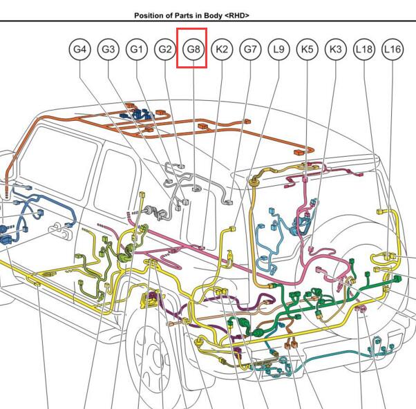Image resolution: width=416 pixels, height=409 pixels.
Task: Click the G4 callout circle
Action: [x=79, y=49]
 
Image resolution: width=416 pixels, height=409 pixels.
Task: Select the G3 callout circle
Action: [x=108, y=49]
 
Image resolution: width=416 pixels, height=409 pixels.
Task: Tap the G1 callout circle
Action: [x=137, y=49]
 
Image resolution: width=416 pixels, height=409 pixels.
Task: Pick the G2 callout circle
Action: [x=165, y=49]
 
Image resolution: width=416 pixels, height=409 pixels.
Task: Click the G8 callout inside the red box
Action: [x=193, y=49]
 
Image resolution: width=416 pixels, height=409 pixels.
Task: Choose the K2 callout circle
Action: [x=222, y=49]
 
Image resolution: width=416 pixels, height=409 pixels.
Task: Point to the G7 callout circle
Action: [x=250, y=49]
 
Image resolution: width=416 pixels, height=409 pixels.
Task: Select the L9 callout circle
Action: [x=278, y=49]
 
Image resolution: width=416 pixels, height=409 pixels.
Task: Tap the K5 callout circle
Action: [x=307, y=49]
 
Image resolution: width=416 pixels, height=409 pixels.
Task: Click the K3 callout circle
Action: [x=336, y=49]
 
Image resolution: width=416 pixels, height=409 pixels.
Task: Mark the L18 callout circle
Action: [x=364, y=49]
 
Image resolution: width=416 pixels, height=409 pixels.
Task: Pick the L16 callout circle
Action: [x=393, y=49]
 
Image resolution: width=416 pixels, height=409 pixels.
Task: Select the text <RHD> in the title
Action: [x=237, y=16]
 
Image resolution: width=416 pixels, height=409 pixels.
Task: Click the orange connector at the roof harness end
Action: [x=299, y=153]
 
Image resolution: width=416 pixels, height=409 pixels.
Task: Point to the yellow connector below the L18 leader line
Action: [x=380, y=211]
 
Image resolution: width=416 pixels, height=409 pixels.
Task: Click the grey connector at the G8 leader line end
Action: [x=196, y=189]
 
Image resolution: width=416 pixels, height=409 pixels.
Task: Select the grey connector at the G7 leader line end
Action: [x=229, y=202]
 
